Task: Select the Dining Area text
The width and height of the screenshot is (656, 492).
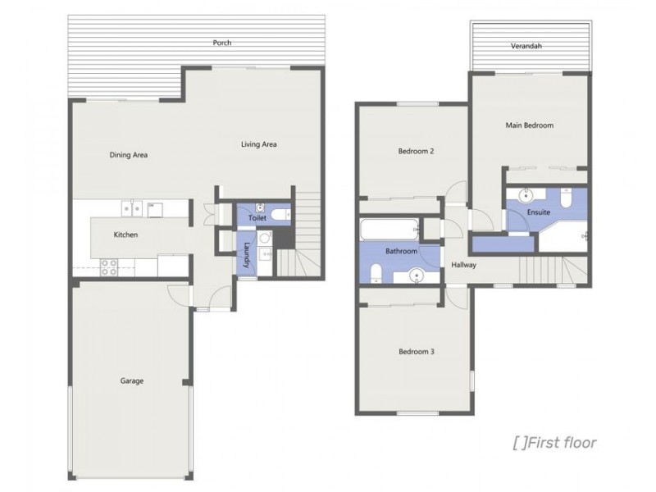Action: click(128, 154)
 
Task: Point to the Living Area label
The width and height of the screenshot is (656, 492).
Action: click(258, 144)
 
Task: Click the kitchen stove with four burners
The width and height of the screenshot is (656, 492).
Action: click(109, 266)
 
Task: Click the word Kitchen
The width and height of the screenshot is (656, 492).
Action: click(125, 235)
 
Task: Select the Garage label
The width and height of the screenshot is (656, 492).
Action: click(132, 380)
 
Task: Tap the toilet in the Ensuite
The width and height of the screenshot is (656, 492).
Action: click(567, 198)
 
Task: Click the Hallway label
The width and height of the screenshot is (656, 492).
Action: click(463, 265)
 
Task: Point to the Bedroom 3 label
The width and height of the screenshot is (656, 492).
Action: click(416, 352)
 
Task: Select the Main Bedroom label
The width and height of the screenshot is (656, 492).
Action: click(529, 125)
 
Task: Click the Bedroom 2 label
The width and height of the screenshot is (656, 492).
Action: click(416, 151)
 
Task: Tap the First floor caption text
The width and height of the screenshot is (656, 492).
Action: click(554, 444)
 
